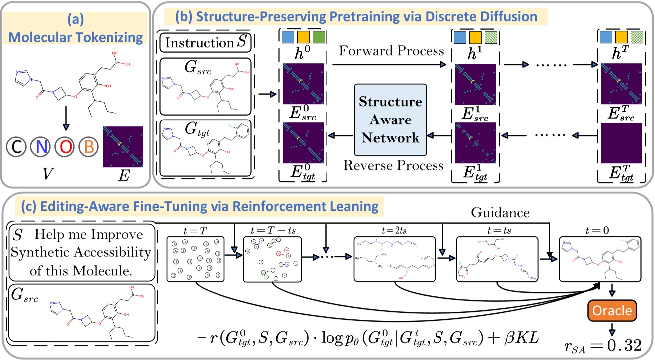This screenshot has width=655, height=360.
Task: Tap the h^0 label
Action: tap(303, 53)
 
